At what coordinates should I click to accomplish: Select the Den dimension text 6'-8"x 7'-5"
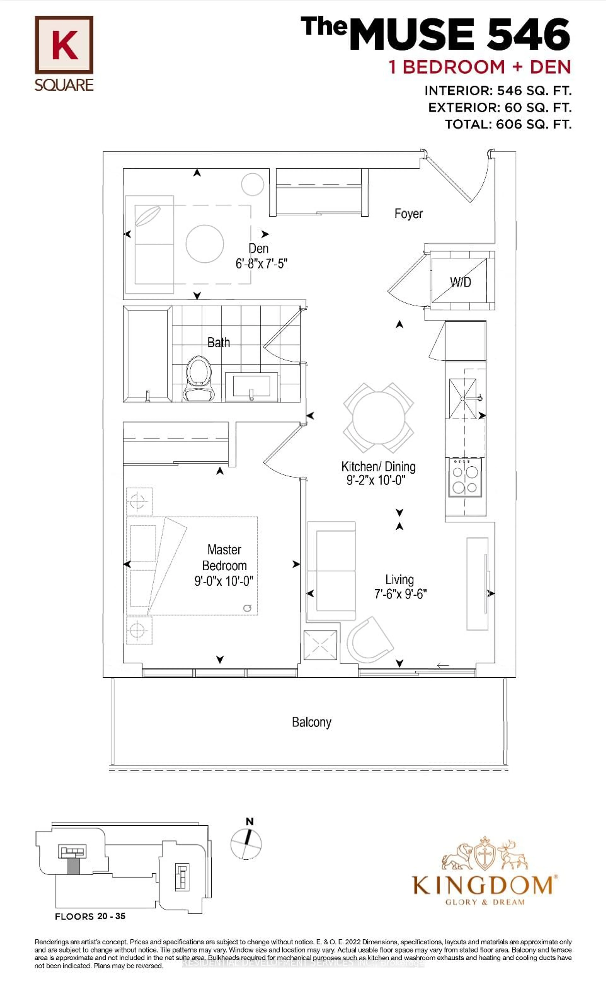coord(261,264)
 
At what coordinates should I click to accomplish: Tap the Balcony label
coord(311,722)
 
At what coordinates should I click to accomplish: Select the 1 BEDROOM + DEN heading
coord(480,67)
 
